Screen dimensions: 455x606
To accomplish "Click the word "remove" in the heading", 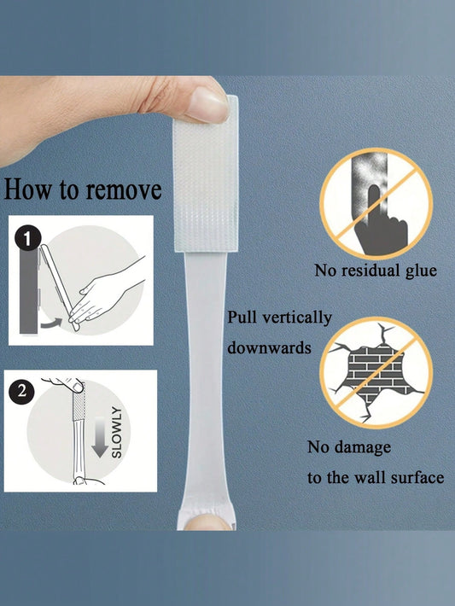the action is [x=124, y=190].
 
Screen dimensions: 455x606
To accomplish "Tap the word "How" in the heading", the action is [x=27, y=189].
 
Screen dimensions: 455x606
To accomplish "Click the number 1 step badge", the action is [x=27, y=239].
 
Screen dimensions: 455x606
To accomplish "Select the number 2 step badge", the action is [x=21, y=391].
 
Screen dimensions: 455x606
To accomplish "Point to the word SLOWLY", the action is [x=116, y=432].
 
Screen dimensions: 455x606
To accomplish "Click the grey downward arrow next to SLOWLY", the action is [x=100, y=437].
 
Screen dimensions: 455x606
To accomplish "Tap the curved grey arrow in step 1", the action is [x=51, y=323].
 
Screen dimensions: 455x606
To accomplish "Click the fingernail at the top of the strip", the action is [x=208, y=104].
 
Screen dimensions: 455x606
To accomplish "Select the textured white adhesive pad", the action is [x=206, y=173].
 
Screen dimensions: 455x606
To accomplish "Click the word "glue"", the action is [x=421, y=271].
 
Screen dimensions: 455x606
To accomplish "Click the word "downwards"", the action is [x=269, y=347].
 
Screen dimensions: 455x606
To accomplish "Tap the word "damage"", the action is [x=363, y=447].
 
